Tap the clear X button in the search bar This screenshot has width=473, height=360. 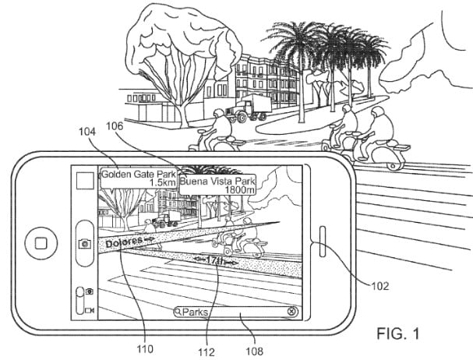[291, 312]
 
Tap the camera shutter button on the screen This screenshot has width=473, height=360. [83, 242]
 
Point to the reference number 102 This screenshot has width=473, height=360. [379, 285]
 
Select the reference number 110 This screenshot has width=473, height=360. [146, 347]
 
